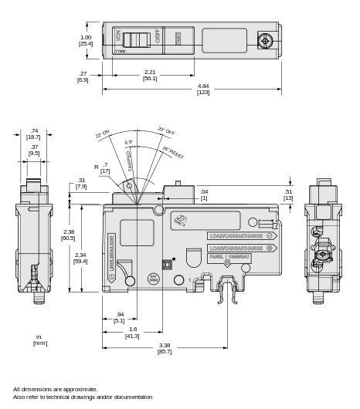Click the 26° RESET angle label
coord(172,152)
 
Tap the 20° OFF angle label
coord(166,131)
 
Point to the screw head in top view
coord(265,40)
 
